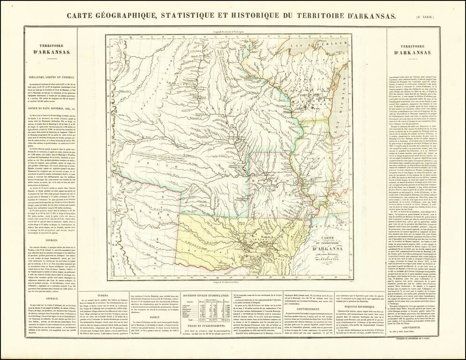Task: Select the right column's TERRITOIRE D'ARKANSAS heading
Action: pos(413,50)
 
